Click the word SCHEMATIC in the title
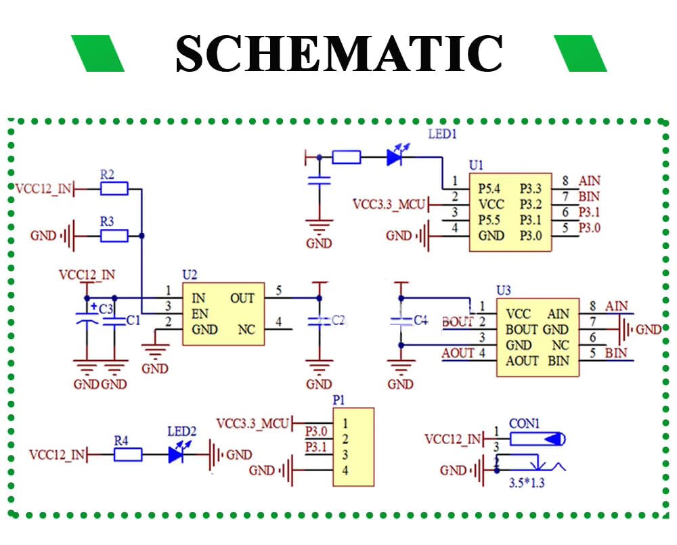(338, 53)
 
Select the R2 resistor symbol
(114, 189)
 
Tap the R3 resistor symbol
(114, 236)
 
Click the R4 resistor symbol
(128, 455)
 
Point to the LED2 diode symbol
(177, 454)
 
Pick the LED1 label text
(443, 134)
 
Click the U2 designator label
(190, 275)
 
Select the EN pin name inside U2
(199, 314)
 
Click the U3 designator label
(504, 290)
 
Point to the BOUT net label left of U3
(458, 322)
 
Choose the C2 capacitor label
(338, 320)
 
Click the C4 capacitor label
(421, 319)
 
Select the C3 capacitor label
(106, 309)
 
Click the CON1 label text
(524, 424)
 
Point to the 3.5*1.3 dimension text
(527, 484)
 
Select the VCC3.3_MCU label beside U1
(390, 204)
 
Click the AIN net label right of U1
(589, 181)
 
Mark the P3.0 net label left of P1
(316, 431)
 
